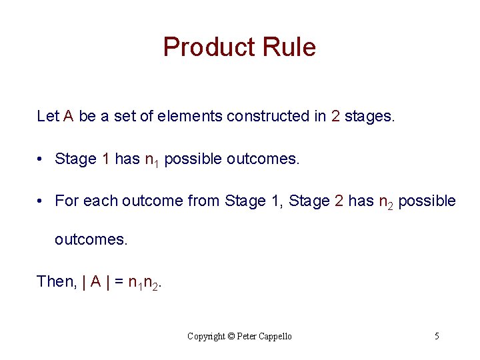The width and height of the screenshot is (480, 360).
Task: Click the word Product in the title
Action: (205, 47)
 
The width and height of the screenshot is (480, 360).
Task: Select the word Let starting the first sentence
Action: (48, 116)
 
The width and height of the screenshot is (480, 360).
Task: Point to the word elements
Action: (191, 116)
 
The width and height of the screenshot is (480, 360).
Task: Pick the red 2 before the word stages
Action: (335, 116)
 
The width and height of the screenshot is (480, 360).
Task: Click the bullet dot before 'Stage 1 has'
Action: (41, 159)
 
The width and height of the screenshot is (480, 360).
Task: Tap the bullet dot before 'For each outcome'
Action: (41, 201)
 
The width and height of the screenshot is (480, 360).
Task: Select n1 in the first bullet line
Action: (152, 159)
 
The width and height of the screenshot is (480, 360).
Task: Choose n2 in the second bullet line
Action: (386, 201)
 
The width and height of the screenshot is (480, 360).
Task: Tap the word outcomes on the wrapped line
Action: (90, 239)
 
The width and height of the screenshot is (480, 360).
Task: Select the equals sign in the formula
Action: (119, 282)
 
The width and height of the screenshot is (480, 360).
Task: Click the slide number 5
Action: (437, 336)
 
